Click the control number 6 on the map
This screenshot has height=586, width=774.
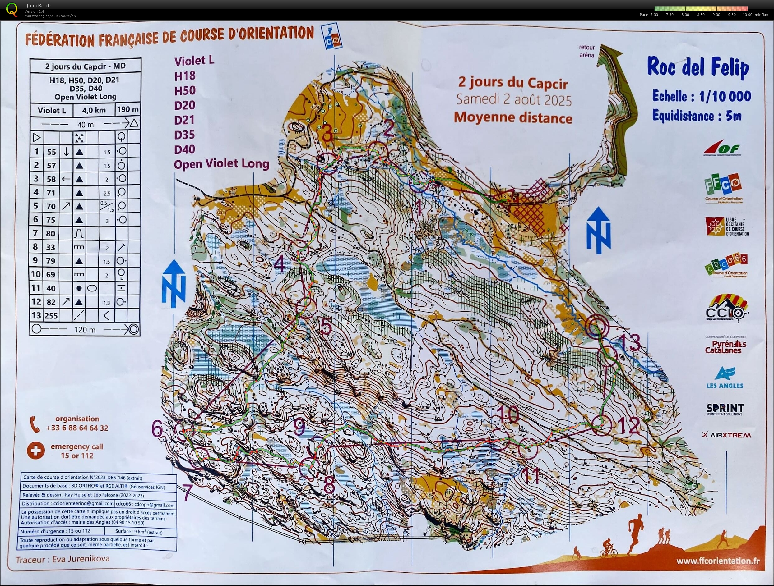[157, 429]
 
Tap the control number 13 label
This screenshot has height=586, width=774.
[629, 342]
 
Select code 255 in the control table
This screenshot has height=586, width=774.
[51, 316]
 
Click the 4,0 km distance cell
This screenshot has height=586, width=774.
[94, 110]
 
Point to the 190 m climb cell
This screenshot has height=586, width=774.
[128, 109]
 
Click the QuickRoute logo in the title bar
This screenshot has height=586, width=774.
[12, 9]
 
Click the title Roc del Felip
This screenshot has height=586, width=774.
[698, 67]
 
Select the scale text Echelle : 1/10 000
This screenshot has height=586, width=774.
[701, 96]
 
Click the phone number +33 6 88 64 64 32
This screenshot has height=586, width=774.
[77, 428]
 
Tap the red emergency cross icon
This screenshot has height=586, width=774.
[36, 450]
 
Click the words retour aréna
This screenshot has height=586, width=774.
[586, 51]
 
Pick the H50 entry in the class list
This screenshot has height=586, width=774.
[185, 90]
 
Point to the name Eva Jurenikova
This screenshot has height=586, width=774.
[81, 559]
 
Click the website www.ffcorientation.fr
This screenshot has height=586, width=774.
[718, 561]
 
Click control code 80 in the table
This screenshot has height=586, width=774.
[50, 234]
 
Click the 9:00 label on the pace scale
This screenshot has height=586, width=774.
[716, 15]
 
